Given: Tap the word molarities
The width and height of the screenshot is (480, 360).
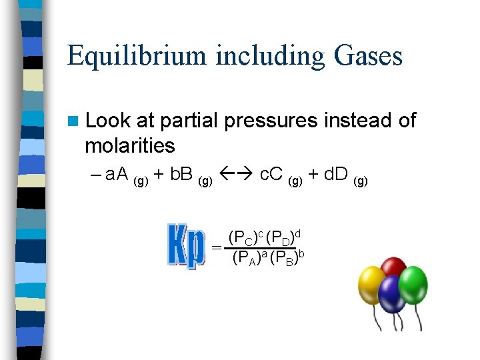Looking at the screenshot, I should tap(129, 145).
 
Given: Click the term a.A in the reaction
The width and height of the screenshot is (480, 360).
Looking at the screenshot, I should tap(117, 175).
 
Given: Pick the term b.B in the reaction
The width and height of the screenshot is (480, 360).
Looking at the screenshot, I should tap(181, 175).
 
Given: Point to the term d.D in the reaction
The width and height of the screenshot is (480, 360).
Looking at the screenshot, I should tap(336, 175).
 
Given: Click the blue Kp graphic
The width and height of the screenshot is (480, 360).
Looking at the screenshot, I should tap(185, 246).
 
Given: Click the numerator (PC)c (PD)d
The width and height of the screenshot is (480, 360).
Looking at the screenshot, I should tap(265, 237).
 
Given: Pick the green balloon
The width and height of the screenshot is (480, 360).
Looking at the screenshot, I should tap(413, 283).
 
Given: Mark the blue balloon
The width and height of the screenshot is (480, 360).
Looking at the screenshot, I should tap(392, 294).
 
